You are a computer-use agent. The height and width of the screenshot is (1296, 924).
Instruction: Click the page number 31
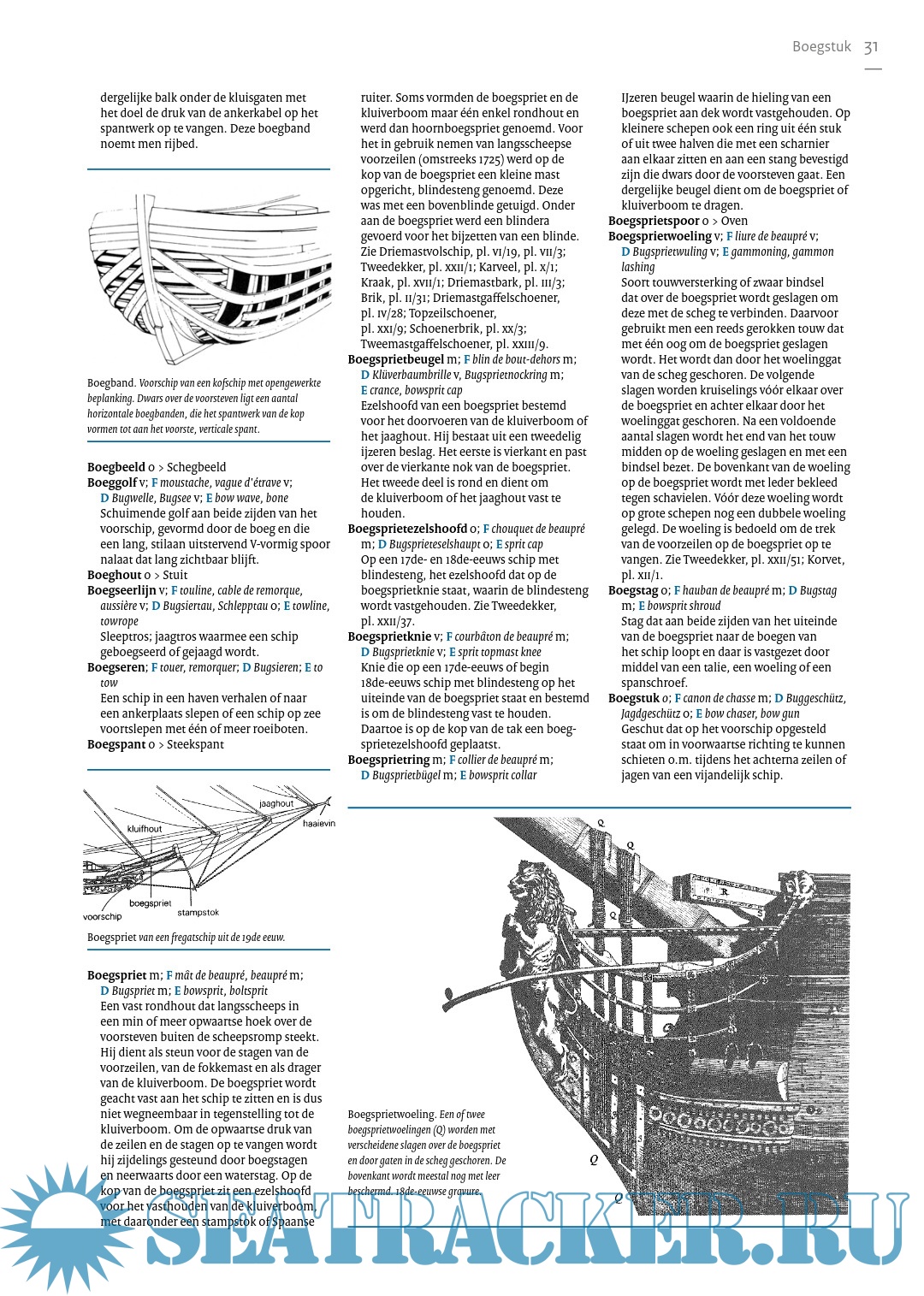click(x=871, y=47)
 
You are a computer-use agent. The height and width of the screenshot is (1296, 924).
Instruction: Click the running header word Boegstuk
click(x=821, y=47)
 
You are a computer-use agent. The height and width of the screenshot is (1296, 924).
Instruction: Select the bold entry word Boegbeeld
click(x=115, y=467)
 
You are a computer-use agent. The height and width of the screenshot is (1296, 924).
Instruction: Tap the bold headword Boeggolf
click(x=112, y=482)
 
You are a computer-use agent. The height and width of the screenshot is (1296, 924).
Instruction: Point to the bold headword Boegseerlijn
click(x=121, y=590)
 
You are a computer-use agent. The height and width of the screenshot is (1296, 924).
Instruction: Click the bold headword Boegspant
click(x=115, y=744)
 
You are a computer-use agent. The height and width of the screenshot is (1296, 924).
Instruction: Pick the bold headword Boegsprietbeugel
click(x=396, y=359)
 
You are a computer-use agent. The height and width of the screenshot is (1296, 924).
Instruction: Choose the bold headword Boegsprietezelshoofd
click(x=407, y=529)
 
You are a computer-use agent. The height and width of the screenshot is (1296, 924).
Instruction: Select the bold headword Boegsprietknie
click(x=389, y=636)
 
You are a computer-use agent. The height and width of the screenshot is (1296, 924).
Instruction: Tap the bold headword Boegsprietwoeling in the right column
click(x=660, y=236)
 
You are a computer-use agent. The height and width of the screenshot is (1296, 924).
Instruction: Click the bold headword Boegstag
click(x=633, y=590)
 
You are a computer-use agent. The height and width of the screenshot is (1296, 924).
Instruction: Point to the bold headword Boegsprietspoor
click(x=654, y=221)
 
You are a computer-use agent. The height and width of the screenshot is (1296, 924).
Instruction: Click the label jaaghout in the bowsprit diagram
click(x=276, y=804)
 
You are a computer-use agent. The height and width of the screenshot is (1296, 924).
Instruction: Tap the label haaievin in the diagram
click(x=319, y=824)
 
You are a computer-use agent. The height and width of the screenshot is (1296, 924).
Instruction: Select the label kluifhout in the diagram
click(x=145, y=829)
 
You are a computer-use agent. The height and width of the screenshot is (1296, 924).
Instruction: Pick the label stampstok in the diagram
click(x=198, y=913)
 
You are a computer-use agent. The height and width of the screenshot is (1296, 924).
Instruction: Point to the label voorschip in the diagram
click(x=103, y=917)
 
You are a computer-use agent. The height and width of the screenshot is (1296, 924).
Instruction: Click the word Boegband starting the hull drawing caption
click(x=111, y=383)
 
